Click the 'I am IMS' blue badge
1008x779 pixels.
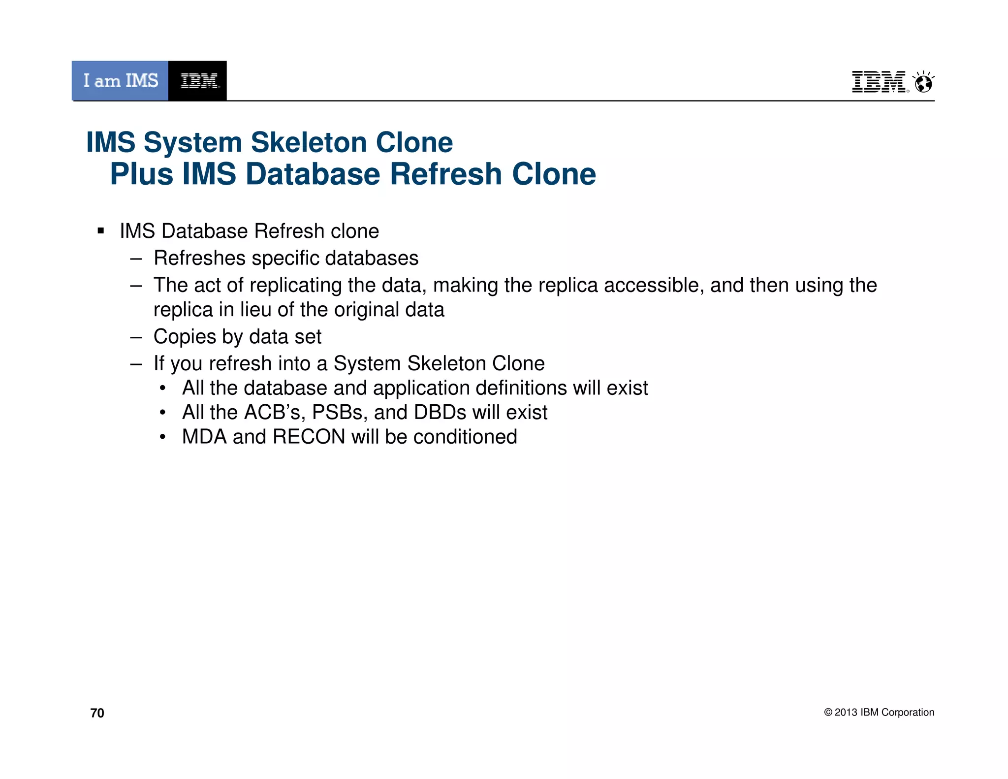tap(120, 81)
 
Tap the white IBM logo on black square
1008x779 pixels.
tap(198, 81)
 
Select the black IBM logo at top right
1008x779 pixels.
tap(879, 82)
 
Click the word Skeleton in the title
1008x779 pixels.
tap(309, 143)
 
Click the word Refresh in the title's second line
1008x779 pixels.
tap(445, 174)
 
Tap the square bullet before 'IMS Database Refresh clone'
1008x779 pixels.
tap(101, 231)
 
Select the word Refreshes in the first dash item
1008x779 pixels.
tap(199, 258)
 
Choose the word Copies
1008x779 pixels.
tap(185, 337)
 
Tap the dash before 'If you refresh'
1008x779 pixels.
tap(136, 364)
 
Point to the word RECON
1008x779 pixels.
tap(309, 437)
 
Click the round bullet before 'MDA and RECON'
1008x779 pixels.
tap(163, 437)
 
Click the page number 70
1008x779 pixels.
tap(97, 713)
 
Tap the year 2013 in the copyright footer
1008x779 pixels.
tap(846, 713)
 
